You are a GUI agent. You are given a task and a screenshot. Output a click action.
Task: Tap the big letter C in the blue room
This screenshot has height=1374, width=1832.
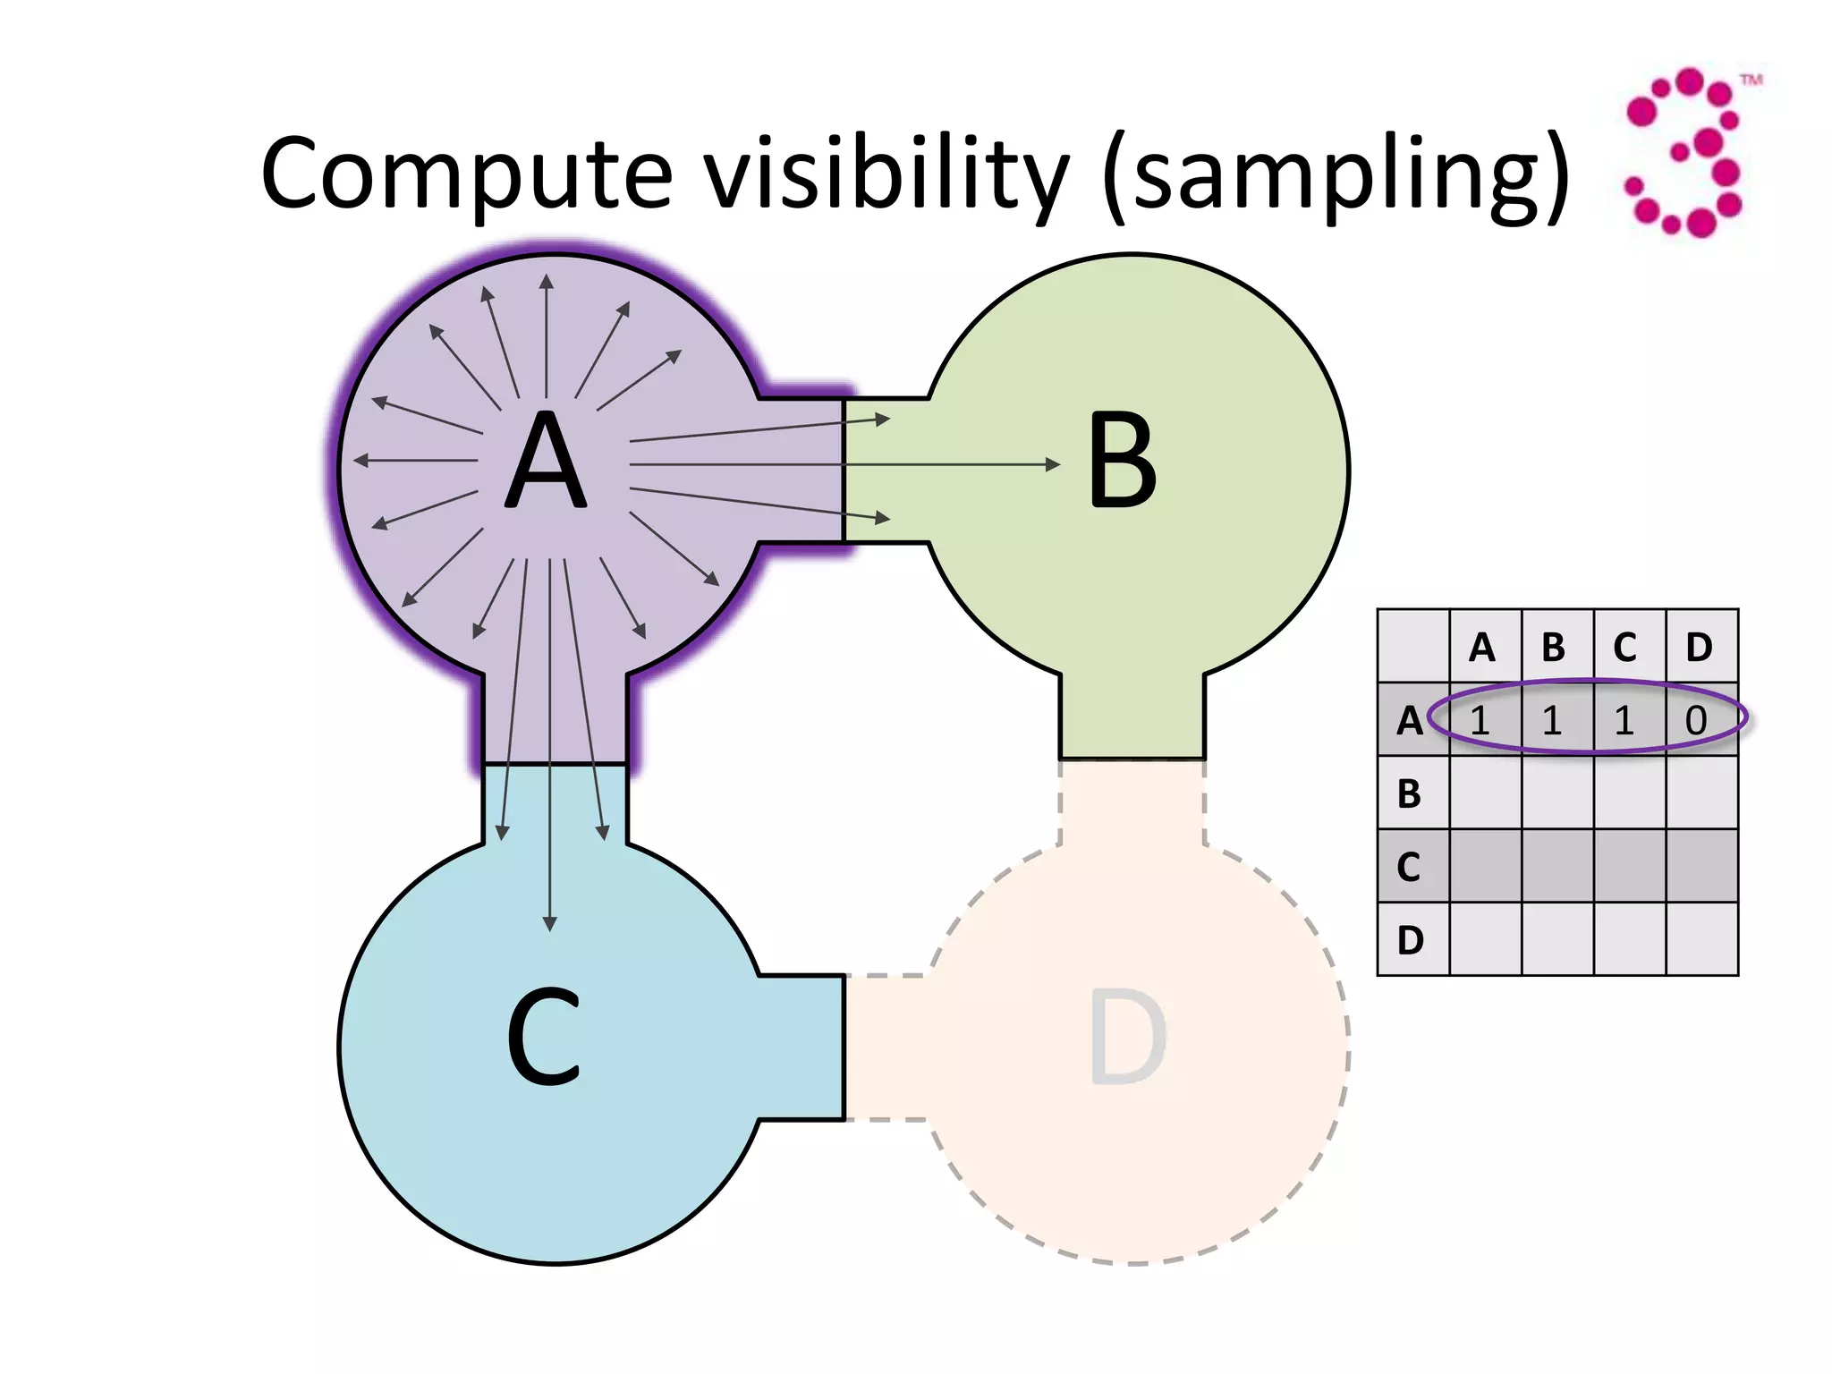(544, 1038)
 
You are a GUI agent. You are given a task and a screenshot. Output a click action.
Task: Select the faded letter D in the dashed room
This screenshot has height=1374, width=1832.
(1127, 1038)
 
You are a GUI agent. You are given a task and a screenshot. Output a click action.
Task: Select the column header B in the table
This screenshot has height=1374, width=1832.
(1555, 647)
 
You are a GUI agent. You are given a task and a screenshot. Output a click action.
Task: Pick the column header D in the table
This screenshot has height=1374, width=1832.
(1699, 647)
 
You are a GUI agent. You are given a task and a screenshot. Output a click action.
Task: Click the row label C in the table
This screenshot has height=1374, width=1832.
(1410, 866)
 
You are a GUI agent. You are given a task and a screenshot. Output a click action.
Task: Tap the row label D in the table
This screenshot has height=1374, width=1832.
(1410, 939)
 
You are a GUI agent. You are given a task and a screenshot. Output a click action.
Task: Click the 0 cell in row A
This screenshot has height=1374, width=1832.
(1697, 720)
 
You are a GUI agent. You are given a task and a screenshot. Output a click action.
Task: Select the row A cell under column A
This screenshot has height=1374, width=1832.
(1481, 720)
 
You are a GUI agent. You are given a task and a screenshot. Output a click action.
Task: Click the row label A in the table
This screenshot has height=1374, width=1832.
(1410, 720)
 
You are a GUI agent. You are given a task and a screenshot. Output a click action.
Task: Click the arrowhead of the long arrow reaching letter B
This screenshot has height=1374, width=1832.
(1053, 464)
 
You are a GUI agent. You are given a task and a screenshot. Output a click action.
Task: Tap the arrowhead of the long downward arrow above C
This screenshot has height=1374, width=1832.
(549, 923)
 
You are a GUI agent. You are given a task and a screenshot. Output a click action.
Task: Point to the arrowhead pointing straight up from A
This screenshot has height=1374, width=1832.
(547, 282)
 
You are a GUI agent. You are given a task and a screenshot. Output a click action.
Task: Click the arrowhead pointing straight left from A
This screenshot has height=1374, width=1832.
(360, 461)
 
